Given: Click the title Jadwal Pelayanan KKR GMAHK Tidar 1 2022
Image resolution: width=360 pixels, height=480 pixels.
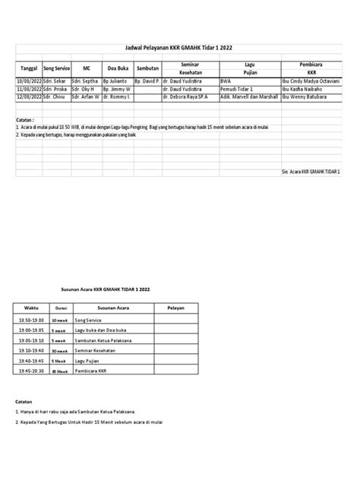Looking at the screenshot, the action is (179, 48).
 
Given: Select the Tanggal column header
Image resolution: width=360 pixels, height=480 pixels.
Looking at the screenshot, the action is (28, 67).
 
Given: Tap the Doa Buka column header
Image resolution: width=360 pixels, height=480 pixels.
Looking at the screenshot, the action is (117, 67).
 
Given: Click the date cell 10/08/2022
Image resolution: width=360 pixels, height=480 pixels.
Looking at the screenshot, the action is (28, 80).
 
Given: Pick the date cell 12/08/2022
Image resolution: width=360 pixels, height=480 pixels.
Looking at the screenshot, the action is (28, 96).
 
